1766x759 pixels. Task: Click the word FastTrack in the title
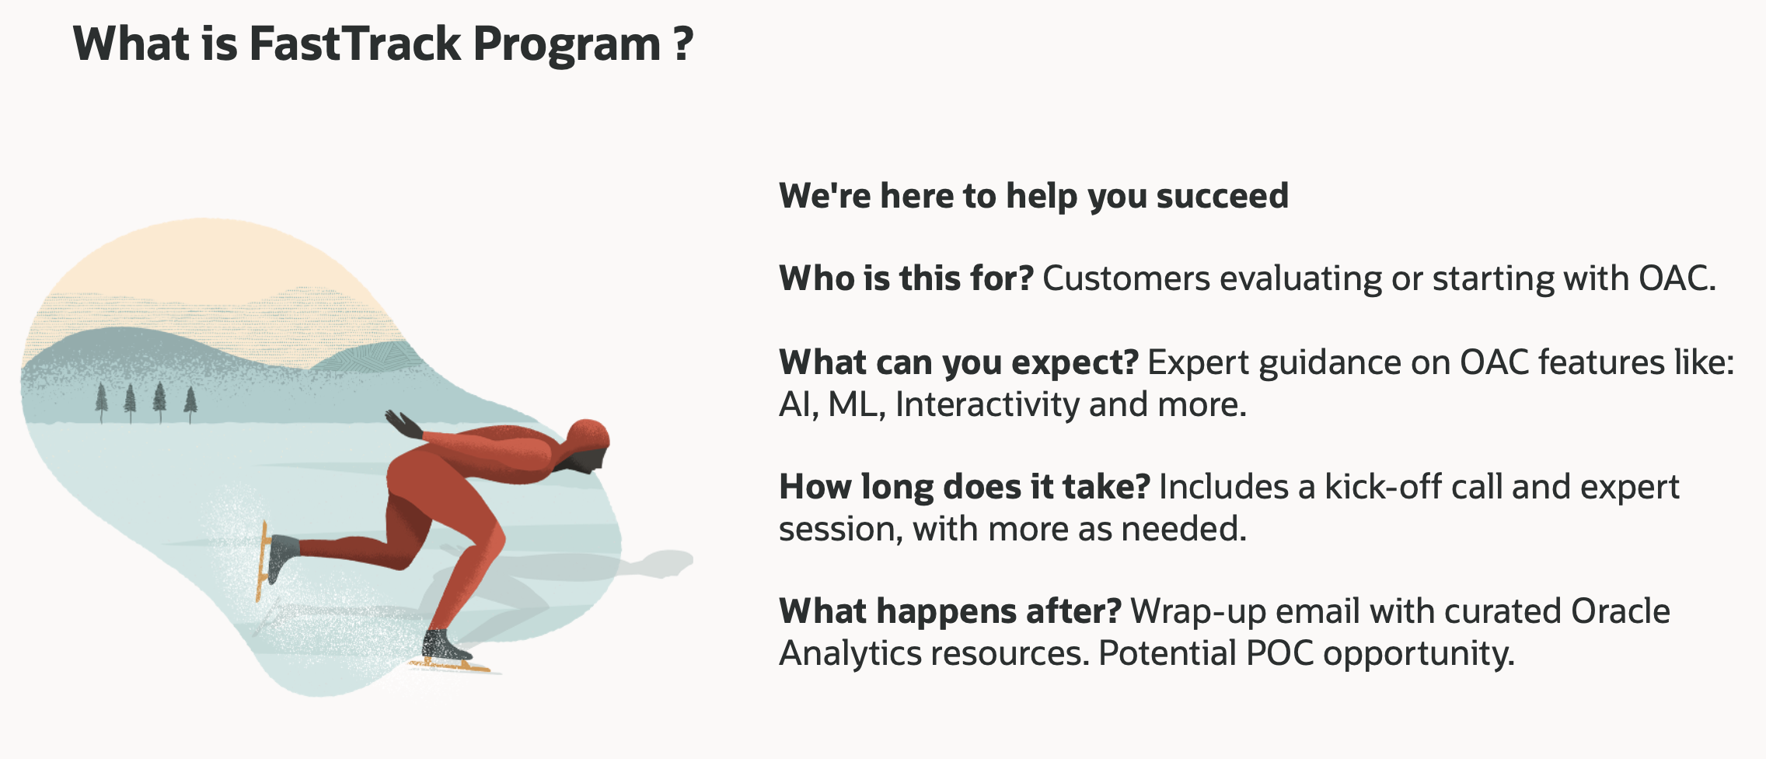(x=355, y=44)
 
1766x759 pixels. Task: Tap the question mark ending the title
(x=682, y=44)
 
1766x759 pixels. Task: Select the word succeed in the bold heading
(x=1222, y=195)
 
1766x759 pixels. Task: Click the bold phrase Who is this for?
(x=906, y=278)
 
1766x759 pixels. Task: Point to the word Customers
(x=1126, y=278)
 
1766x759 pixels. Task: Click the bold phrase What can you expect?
(x=959, y=362)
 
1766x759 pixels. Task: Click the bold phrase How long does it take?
(x=965, y=487)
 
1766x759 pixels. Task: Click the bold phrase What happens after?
(x=951, y=611)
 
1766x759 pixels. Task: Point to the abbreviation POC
(x=1279, y=653)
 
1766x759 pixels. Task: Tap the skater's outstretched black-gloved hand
(x=403, y=425)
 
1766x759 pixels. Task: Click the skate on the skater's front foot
(x=451, y=652)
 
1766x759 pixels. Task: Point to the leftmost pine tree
(x=101, y=403)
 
